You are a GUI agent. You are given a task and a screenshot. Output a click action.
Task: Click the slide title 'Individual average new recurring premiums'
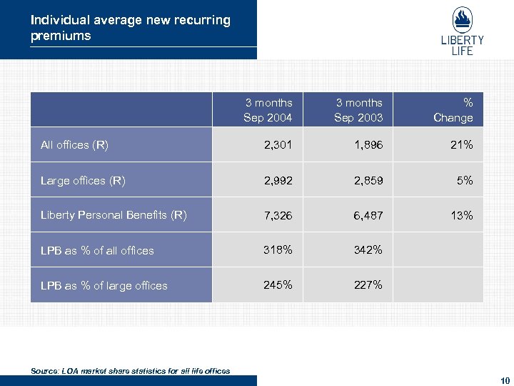130,28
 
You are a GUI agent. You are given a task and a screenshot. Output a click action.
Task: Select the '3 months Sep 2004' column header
268,110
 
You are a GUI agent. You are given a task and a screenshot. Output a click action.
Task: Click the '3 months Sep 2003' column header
358,110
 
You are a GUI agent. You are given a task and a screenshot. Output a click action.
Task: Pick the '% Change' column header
453,110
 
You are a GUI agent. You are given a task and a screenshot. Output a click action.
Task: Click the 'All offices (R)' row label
75,145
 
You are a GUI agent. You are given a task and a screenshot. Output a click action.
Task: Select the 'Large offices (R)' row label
83,181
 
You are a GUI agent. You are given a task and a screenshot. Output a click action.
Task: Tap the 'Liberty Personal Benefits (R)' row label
114,215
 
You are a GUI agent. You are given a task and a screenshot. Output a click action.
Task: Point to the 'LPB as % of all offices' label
97,250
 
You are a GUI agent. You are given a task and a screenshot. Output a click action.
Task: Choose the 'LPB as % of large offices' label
104,285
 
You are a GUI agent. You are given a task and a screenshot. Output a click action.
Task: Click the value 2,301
278,145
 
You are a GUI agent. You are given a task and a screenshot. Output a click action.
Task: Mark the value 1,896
368,145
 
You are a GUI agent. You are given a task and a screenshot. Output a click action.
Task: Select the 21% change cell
461,145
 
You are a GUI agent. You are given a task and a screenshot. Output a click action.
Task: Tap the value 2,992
278,181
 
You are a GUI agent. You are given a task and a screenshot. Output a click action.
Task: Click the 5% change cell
465,181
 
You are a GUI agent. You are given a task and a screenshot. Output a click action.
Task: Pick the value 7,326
278,215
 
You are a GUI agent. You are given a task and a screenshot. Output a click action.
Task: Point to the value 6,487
368,215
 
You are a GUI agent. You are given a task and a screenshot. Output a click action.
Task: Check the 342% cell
368,250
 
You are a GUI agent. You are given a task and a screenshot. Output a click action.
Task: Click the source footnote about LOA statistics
131,370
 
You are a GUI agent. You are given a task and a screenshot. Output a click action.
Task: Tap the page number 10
505,380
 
